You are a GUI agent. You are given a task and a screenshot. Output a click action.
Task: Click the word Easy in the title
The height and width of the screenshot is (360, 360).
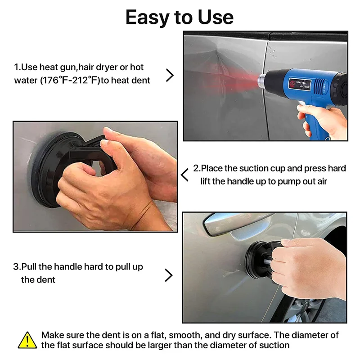point(148,18)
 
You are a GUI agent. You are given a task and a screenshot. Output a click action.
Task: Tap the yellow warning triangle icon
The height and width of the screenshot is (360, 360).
point(27,340)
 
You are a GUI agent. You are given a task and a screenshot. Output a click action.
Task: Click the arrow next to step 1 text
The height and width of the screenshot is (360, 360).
point(170,75)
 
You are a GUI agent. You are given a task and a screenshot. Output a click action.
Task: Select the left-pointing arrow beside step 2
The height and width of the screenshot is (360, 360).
point(184,175)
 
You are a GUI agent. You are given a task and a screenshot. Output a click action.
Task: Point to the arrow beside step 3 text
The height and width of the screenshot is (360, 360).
point(169,275)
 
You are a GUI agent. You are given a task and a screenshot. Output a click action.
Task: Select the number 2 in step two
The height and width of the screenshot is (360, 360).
point(196,168)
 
